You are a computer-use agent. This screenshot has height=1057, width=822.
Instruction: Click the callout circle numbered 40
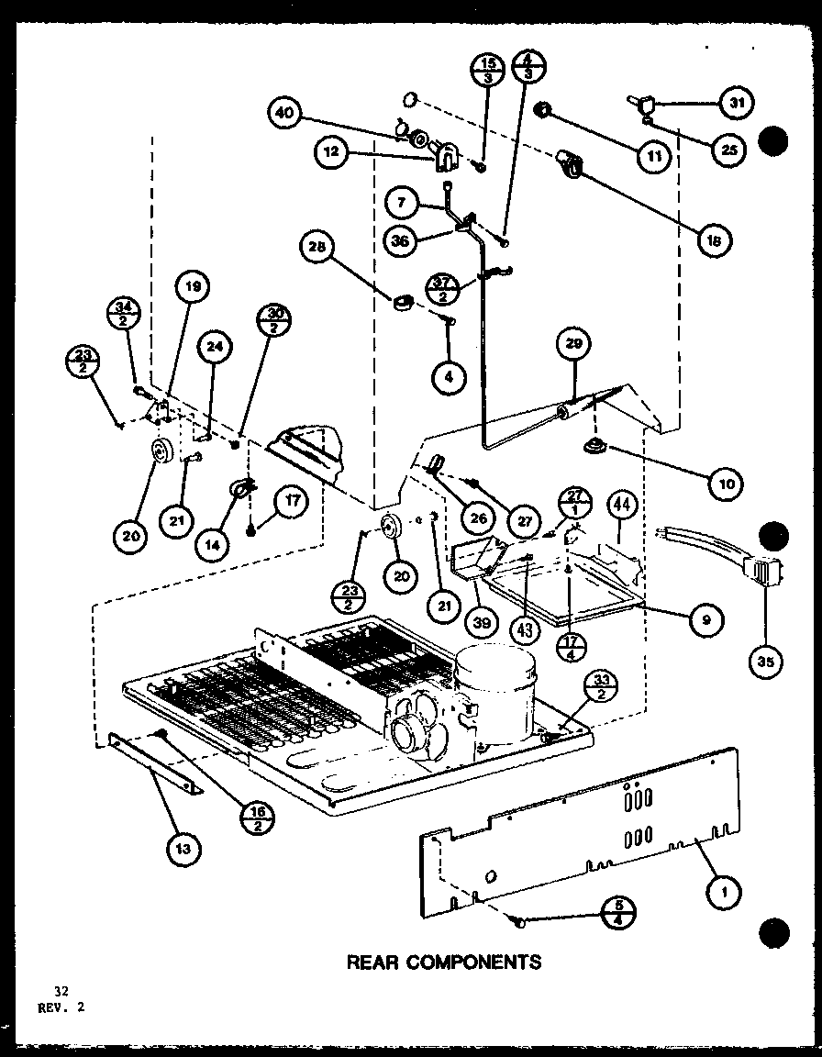click(285, 116)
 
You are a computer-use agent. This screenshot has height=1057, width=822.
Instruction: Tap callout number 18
click(714, 239)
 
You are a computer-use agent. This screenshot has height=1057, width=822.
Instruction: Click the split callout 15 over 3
click(487, 72)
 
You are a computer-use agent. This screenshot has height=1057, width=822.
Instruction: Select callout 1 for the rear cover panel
click(725, 888)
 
